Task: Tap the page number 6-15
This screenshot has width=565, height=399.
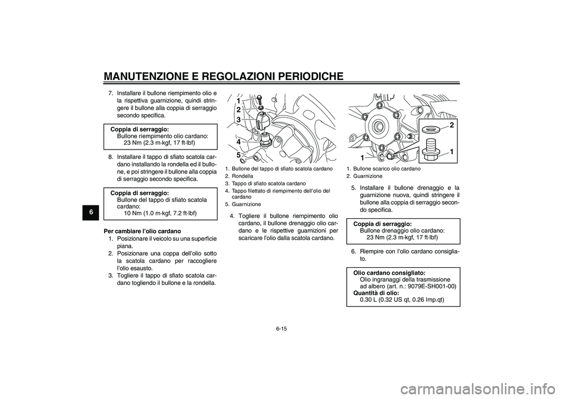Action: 282,328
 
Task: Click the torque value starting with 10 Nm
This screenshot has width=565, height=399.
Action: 160,212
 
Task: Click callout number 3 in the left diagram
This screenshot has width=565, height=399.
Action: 238,119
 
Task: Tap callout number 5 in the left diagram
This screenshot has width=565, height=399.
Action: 238,155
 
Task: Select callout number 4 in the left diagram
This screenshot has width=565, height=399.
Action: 238,142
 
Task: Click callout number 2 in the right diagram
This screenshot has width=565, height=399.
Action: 452,125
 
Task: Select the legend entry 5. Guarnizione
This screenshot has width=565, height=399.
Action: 243,204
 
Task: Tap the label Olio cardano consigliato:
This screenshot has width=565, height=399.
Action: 389,273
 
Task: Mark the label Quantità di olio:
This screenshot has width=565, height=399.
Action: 375,292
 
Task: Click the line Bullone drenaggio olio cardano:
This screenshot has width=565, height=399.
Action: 402,231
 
